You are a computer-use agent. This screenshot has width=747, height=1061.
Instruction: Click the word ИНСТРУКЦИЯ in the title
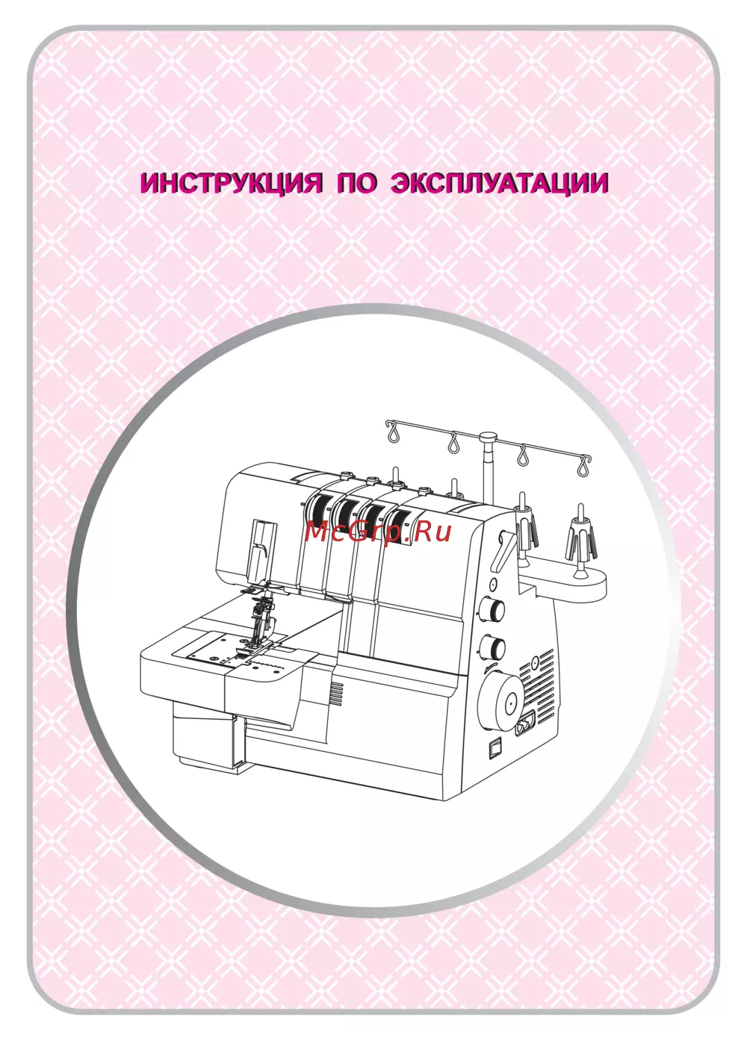[232, 183]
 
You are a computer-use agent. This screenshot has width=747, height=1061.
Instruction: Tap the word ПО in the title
[358, 183]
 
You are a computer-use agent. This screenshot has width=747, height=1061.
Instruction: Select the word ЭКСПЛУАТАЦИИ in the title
[499, 183]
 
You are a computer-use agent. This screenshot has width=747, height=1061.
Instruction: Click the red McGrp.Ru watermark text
[378, 533]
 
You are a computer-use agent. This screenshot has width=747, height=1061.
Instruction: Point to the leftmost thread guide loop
[393, 432]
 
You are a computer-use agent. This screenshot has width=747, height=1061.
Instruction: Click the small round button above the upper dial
[493, 583]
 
